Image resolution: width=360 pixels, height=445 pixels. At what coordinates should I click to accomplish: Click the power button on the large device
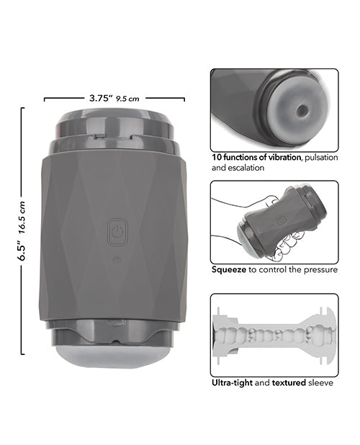click(117, 233)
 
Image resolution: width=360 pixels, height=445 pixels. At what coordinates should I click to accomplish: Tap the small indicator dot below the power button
click(117, 260)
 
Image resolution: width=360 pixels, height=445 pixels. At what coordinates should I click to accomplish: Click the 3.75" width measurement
click(99, 98)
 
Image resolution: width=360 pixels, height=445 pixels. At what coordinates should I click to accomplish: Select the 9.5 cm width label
click(127, 99)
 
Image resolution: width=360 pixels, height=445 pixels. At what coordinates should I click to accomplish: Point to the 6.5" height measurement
click(22, 251)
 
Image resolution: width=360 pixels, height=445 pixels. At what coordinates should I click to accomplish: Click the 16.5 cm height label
click(23, 217)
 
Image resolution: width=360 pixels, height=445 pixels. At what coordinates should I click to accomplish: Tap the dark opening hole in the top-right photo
click(301, 111)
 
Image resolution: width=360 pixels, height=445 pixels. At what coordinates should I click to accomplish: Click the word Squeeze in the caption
click(229, 269)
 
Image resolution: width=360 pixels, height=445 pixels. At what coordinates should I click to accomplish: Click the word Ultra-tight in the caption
click(232, 383)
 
